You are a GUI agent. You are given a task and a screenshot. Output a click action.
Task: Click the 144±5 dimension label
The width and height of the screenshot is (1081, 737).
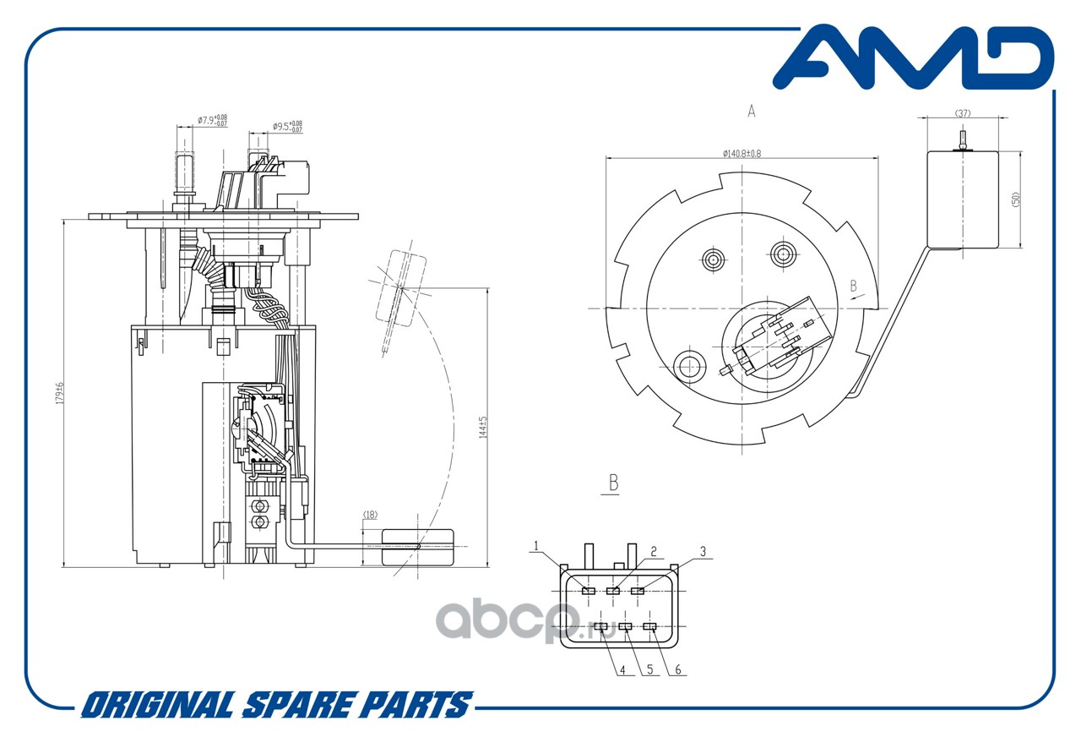point(482,427)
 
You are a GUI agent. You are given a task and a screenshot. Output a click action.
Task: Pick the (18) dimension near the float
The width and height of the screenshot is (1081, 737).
point(370,514)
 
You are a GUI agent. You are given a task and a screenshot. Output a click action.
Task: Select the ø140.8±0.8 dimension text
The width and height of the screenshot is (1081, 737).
point(741,153)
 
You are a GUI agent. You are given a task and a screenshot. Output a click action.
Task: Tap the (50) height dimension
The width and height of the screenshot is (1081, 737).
point(1017,200)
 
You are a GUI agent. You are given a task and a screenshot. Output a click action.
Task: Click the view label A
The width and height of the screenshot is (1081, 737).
point(751,112)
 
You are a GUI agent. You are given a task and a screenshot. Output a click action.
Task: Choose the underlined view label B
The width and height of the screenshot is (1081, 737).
point(614,483)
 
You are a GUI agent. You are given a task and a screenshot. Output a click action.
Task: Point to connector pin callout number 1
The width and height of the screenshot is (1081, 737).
point(535,546)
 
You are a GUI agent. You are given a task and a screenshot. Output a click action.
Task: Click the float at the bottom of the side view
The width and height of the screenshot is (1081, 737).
point(417,547)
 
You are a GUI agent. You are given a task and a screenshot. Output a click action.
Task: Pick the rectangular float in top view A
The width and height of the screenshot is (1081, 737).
point(963,199)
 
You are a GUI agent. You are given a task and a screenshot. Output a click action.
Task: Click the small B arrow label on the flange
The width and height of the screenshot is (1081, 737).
point(854,286)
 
